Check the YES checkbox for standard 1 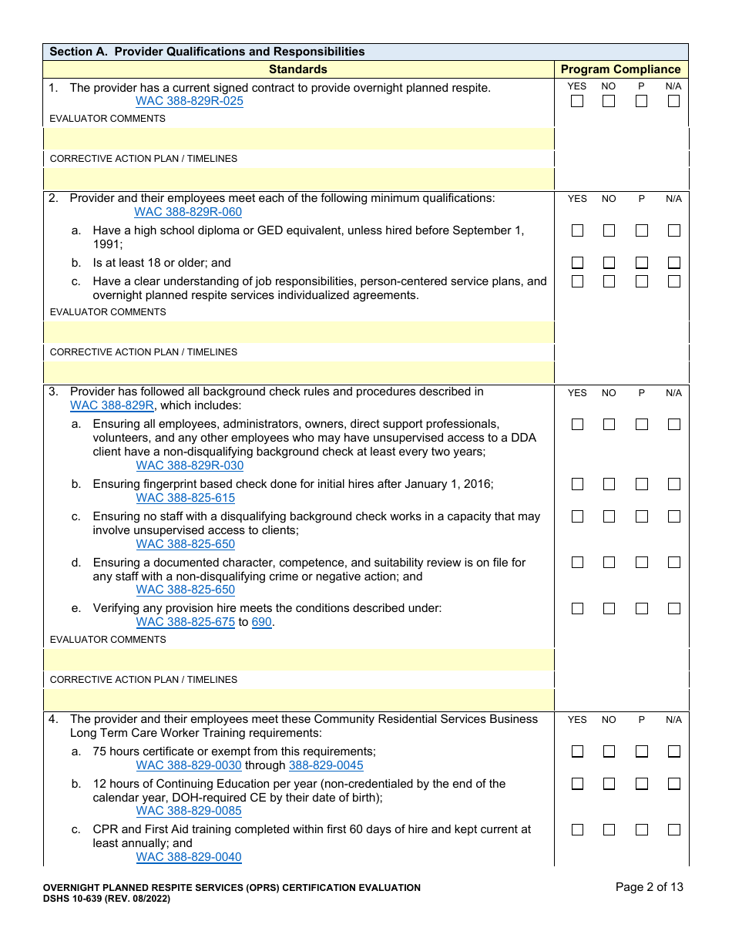[x=577, y=101]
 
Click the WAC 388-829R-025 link [x=189, y=102]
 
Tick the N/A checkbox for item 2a [x=674, y=230]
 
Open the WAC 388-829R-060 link [x=188, y=212]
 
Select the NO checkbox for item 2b [x=609, y=263]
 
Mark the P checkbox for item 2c [x=642, y=281]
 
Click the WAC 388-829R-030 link [x=190, y=466]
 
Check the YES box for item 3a [x=577, y=424]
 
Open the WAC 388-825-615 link [x=185, y=498]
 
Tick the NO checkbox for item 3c [x=609, y=516]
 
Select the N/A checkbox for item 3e [x=674, y=608]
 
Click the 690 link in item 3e [x=262, y=622]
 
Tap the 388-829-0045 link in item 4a [x=326, y=765]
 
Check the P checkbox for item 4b [x=642, y=784]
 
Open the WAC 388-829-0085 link [x=189, y=811]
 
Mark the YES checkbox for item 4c [x=577, y=830]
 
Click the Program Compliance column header [x=621, y=69]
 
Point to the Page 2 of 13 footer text [x=649, y=887]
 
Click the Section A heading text [x=207, y=52]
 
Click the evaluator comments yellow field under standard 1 [x=299, y=139]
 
